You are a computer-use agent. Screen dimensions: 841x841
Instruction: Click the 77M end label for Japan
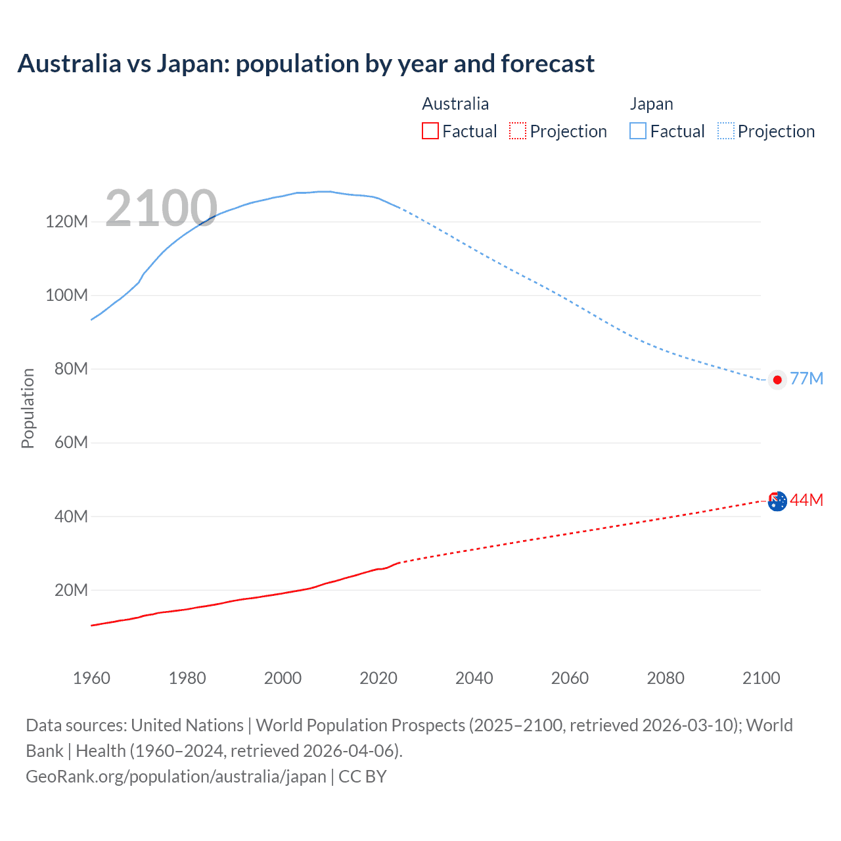click(806, 379)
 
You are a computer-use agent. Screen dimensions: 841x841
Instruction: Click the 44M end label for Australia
click(806, 500)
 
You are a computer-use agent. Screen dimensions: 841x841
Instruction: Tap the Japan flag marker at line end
click(777, 380)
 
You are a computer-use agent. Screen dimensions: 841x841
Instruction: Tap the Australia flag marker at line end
click(777, 501)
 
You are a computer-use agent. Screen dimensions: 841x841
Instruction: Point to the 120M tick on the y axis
click(66, 221)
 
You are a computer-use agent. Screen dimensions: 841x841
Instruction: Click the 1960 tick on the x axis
click(91, 678)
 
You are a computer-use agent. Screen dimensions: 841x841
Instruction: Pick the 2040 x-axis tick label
click(474, 678)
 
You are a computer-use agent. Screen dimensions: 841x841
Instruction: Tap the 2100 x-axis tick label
click(761, 678)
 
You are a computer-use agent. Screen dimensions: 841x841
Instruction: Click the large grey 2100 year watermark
click(161, 208)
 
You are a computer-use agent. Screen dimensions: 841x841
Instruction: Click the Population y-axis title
click(28, 408)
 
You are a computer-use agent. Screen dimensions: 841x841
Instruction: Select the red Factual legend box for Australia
click(430, 131)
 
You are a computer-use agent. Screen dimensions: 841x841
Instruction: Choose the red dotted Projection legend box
click(518, 131)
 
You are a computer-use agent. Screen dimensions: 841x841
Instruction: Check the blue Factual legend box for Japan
click(638, 131)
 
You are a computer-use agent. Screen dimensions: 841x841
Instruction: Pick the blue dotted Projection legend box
click(725, 131)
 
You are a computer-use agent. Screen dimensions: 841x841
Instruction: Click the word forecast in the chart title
click(547, 64)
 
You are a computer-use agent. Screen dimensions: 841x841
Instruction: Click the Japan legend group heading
click(651, 104)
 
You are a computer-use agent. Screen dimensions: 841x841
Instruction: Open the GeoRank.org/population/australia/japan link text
click(176, 777)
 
